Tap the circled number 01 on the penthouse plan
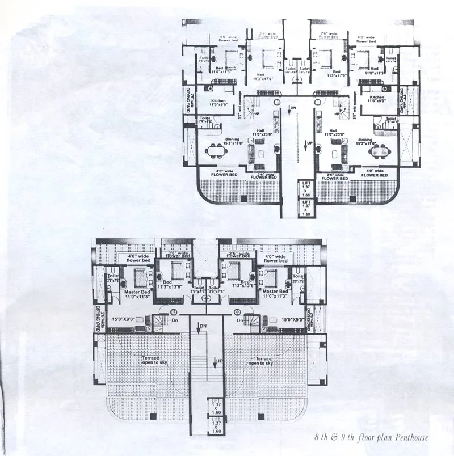click(x=173, y=312)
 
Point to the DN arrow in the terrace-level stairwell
click(x=201, y=327)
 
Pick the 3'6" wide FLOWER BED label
click(x=334, y=176)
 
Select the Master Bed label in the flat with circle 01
click(x=136, y=293)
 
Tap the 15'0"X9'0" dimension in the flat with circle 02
click(x=294, y=320)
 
